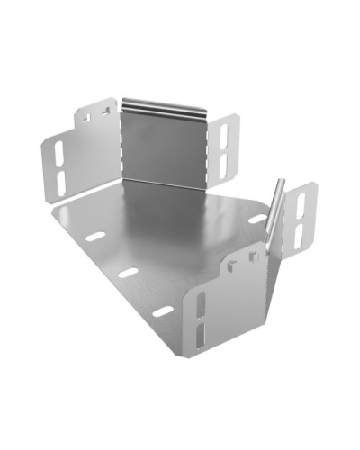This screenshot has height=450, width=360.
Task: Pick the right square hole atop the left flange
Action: [105, 112]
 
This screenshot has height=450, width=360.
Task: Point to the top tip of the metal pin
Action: [282, 183]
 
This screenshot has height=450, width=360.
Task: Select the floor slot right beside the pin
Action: [257, 219]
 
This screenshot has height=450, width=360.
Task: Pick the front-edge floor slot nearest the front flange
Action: [163, 311]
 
